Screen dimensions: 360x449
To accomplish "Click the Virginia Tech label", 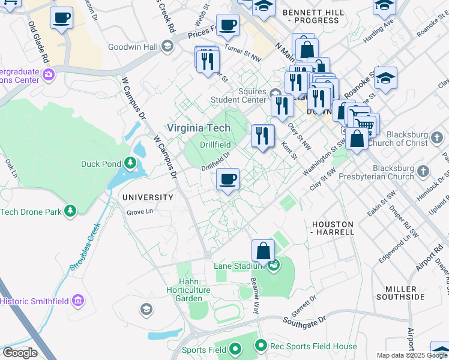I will click(x=198, y=128).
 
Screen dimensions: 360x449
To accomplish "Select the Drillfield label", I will click(x=215, y=145).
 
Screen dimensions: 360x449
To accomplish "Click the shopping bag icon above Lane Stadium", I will click(x=263, y=250).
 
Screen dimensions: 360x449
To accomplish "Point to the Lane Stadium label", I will click(x=239, y=266).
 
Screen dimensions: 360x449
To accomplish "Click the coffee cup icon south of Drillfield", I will click(x=228, y=180).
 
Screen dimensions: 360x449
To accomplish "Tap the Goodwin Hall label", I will click(x=133, y=47).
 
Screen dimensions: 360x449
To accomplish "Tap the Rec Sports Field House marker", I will click(x=261, y=346).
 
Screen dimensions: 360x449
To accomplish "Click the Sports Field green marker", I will click(x=235, y=349).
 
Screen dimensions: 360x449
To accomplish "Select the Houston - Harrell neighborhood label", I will click(x=333, y=227).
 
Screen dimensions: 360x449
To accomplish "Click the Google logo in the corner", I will click(x=19, y=353).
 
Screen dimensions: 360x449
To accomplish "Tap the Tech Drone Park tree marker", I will click(x=71, y=211).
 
